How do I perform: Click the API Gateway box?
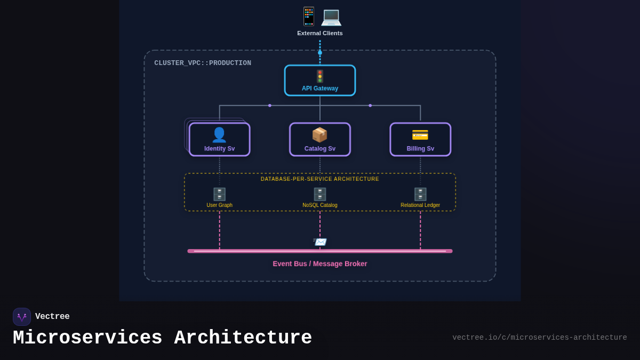click(x=320, y=81)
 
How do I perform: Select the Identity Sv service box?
click(x=219, y=140)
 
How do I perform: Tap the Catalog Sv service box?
click(x=320, y=140)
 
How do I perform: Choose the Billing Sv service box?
click(x=420, y=140)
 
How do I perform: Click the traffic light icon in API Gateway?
click(x=320, y=76)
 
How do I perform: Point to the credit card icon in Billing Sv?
click(x=420, y=135)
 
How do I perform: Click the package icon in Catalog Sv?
click(x=320, y=134)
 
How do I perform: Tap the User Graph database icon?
click(x=219, y=194)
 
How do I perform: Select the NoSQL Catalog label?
click(x=320, y=205)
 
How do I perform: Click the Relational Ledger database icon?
click(x=420, y=194)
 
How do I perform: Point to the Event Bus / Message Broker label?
click(x=320, y=263)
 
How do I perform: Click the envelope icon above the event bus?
click(x=320, y=242)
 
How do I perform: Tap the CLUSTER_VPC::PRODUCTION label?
click(x=203, y=63)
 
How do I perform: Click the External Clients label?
click(x=320, y=33)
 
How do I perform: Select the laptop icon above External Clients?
click(x=331, y=17)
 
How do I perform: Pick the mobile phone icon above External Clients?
click(x=309, y=16)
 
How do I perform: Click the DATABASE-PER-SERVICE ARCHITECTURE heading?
click(x=320, y=179)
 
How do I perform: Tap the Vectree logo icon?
click(x=22, y=317)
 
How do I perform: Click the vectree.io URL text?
click(x=540, y=338)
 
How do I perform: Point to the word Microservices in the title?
click(x=87, y=338)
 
